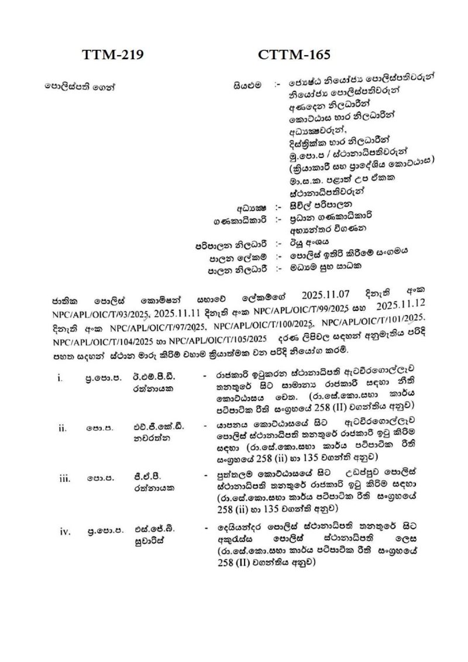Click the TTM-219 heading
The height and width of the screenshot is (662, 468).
pos(112,55)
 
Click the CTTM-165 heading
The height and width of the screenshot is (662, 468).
pos(293,55)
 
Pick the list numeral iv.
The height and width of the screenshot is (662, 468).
pos(63,532)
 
